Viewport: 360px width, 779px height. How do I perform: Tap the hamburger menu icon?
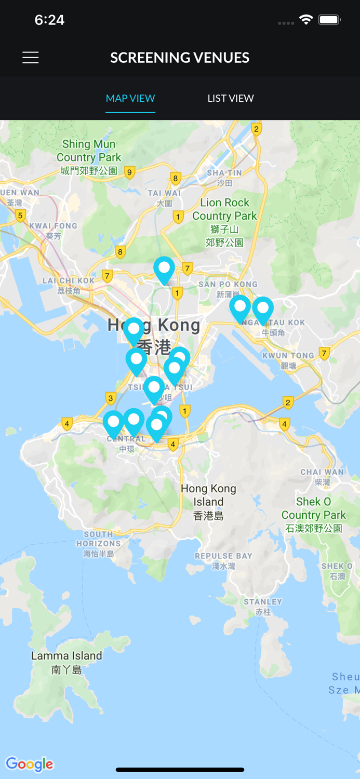tap(31, 58)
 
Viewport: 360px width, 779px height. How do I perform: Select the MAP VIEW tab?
tap(130, 98)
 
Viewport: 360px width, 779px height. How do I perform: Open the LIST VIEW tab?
tap(231, 98)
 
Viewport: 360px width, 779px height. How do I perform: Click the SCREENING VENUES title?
tap(180, 58)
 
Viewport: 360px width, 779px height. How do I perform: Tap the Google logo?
tap(30, 764)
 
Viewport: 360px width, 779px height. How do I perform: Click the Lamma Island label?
tap(66, 662)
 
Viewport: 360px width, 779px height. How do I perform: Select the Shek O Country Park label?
tap(313, 515)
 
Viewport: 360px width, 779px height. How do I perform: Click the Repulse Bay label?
tap(223, 560)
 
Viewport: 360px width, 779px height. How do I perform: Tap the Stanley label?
tap(263, 607)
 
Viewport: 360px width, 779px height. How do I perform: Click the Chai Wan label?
tap(322, 477)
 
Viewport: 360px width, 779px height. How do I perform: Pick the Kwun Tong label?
tap(288, 360)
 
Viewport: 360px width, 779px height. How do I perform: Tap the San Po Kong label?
tap(228, 289)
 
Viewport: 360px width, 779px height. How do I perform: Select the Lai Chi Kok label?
tap(69, 285)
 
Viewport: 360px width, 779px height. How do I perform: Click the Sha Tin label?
tap(224, 177)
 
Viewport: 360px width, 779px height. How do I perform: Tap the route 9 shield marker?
tap(130, 172)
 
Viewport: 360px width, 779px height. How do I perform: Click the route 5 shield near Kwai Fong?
tap(21, 216)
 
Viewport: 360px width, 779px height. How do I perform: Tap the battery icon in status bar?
tap(329, 20)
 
